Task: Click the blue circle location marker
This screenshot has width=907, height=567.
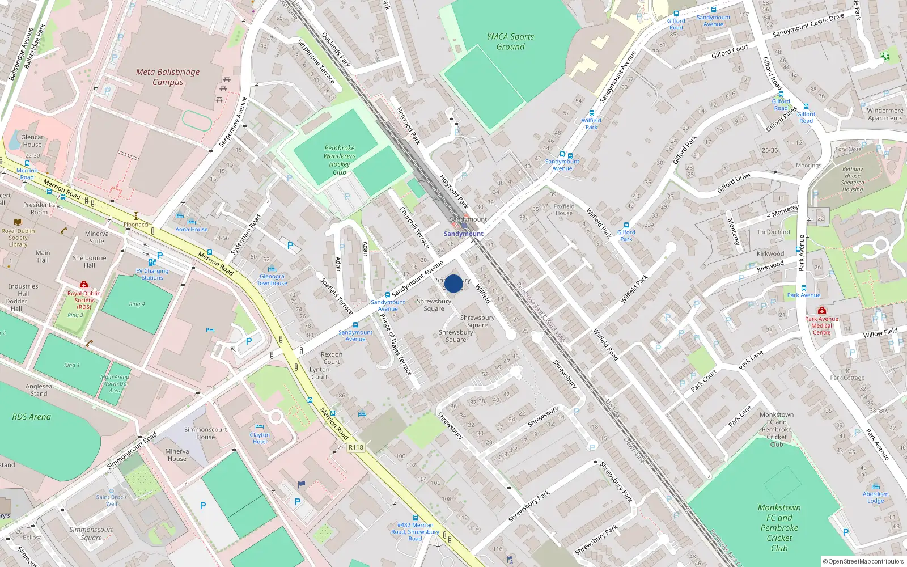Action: pyautogui.click(x=453, y=283)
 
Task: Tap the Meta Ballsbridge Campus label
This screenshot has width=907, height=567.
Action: pyautogui.click(x=168, y=77)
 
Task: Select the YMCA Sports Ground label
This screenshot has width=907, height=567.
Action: pyautogui.click(x=510, y=41)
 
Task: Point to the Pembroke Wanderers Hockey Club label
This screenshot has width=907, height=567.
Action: pyautogui.click(x=340, y=160)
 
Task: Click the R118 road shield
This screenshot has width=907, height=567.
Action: pyautogui.click(x=356, y=447)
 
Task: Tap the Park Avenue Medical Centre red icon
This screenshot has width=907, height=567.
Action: pyautogui.click(x=821, y=310)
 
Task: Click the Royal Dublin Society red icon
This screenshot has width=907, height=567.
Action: pyautogui.click(x=84, y=284)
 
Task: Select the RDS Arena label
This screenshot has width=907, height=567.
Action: pyautogui.click(x=32, y=417)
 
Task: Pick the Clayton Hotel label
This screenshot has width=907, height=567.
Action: pyautogui.click(x=260, y=438)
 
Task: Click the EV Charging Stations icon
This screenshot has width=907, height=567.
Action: pyautogui.click(x=151, y=262)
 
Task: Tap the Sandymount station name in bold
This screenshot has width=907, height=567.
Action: pyautogui.click(x=464, y=234)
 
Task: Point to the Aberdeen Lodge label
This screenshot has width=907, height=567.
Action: pyautogui.click(x=875, y=497)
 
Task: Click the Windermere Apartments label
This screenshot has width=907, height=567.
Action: pyautogui.click(x=885, y=114)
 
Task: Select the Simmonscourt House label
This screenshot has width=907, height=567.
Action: pyautogui.click(x=205, y=433)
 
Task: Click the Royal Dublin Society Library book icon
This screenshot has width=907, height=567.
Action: pyautogui.click(x=18, y=222)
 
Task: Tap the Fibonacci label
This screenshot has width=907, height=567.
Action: pyautogui.click(x=136, y=225)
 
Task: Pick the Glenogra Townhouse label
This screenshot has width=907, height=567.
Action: pyautogui.click(x=272, y=280)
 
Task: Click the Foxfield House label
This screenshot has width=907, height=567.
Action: pyautogui.click(x=563, y=210)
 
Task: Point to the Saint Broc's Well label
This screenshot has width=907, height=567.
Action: pyautogui.click(x=111, y=500)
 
